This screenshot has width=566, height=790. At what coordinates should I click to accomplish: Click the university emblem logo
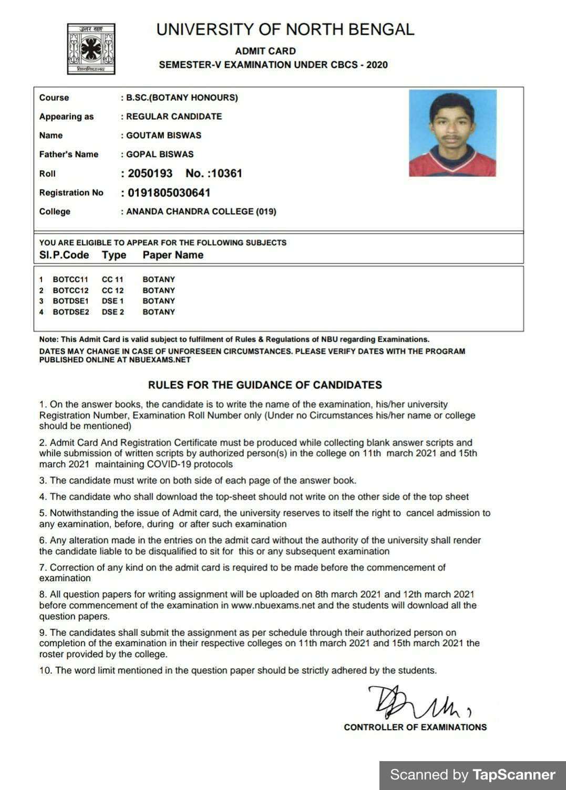91,48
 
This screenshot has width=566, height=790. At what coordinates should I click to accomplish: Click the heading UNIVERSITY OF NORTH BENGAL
285,29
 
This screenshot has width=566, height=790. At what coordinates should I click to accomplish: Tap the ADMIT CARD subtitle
265,51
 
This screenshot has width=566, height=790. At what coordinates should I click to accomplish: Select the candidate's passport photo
452,133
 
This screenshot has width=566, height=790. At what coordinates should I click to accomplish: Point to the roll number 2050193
150,173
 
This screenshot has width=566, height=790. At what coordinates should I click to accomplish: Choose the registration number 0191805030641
169,193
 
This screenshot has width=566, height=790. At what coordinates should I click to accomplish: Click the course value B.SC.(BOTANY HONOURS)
182,98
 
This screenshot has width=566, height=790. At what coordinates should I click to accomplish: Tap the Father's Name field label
68,154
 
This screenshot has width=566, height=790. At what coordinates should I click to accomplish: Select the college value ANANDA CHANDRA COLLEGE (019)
201,212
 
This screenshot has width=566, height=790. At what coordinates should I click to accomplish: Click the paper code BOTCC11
70,280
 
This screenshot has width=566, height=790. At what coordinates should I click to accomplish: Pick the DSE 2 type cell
113,312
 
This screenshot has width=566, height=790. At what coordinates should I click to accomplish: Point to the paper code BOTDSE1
71,301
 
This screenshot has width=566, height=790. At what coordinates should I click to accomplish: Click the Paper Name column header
173,255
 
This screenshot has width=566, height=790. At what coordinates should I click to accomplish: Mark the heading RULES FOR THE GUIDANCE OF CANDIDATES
265,385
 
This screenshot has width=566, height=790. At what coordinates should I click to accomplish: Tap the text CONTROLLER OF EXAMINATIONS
415,727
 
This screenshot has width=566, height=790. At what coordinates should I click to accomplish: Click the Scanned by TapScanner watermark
472,775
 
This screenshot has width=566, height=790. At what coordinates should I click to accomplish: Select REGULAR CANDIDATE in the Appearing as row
174,117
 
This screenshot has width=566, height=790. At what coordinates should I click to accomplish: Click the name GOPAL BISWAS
160,154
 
